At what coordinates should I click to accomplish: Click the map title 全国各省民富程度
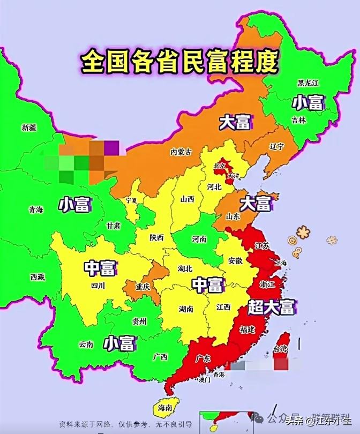(180, 62)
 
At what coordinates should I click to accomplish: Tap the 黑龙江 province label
(308, 83)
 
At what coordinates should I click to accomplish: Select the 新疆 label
(29, 128)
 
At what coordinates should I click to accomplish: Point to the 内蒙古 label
(181, 152)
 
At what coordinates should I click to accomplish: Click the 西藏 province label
(37, 277)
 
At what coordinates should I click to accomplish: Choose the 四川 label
(97, 286)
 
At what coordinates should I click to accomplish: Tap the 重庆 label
(142, 287)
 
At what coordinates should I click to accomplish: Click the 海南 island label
(165, 408)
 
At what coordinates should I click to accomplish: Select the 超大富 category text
(272, 306)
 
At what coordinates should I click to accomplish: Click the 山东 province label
(233, 216)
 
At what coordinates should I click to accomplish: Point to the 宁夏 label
(131, 200)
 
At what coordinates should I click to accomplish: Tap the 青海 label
(36, 209)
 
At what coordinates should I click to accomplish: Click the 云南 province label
(86, 345)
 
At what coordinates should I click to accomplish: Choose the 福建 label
(247, 328)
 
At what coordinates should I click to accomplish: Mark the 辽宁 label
(277, 146)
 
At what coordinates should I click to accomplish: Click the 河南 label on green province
(199, 239)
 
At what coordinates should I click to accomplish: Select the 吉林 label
(299, 121)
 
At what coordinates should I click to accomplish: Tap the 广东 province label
(204, 358)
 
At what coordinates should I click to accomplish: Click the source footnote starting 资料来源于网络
(126, 423)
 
